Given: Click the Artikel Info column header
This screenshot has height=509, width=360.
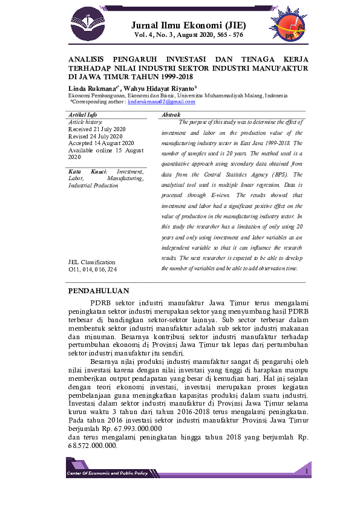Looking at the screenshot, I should [x=83, y=114].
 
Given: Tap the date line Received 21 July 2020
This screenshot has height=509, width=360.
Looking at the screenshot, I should [x=97, y=129].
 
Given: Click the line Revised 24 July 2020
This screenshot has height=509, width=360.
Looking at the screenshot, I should [x=94, y=136].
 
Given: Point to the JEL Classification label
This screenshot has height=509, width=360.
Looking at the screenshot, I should [x=94, y=262].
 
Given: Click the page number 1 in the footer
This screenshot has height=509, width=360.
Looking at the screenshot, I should [x=307, y=470].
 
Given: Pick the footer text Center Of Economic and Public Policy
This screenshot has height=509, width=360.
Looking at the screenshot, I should [x=107, y=473].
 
